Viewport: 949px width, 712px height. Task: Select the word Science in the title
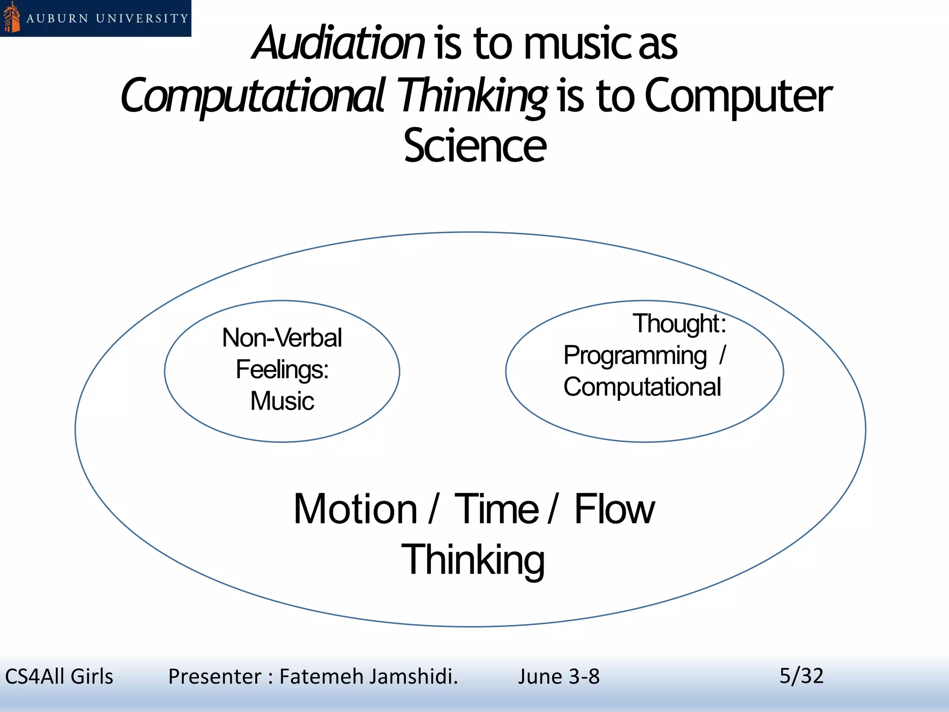(474, 146)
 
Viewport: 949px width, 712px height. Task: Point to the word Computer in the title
(738, 96)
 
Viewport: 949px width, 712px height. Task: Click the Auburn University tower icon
(12, 18)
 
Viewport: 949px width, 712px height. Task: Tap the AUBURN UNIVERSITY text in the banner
(107, 19)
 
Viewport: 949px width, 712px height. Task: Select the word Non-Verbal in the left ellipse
(282, 338)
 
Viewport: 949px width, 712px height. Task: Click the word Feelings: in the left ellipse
(282, 370)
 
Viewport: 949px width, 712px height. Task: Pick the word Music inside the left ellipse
(282, 401)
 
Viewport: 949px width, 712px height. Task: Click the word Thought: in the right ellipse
(679, 324)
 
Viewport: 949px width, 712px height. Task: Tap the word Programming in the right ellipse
(635, 356)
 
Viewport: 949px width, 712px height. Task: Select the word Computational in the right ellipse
(642, 387)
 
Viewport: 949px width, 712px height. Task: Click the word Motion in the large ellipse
(355, 509)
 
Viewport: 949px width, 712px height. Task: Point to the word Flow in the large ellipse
(614, 509)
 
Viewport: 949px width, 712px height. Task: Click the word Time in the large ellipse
(496, 509)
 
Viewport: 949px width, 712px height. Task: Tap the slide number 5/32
(801, 676)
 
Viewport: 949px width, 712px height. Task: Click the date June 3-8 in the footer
(558, 677)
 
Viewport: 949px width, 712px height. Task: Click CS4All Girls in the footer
(59, 677)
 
